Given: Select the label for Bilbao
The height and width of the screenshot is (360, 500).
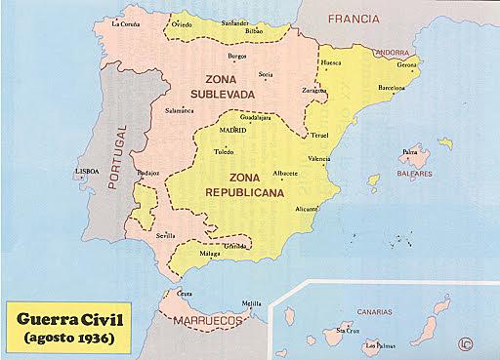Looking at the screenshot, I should (x=254, y=32).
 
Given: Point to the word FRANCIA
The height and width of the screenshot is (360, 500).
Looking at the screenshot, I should (x=354, y=19).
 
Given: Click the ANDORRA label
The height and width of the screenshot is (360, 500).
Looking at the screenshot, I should (x=392, y=52).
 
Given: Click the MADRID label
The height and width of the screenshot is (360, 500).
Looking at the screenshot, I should (x=232, y=130).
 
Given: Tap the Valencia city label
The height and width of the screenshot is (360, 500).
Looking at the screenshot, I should (x=318, y=158).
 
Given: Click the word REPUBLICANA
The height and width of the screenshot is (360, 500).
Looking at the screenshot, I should (x=244, y=194).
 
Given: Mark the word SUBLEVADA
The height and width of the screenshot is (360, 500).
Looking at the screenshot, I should (x=229, y=95).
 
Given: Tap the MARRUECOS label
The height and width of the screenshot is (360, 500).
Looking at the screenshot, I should (x=208, y=321).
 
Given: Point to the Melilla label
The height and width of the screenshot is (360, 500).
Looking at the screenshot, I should (x=252, y=302).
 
